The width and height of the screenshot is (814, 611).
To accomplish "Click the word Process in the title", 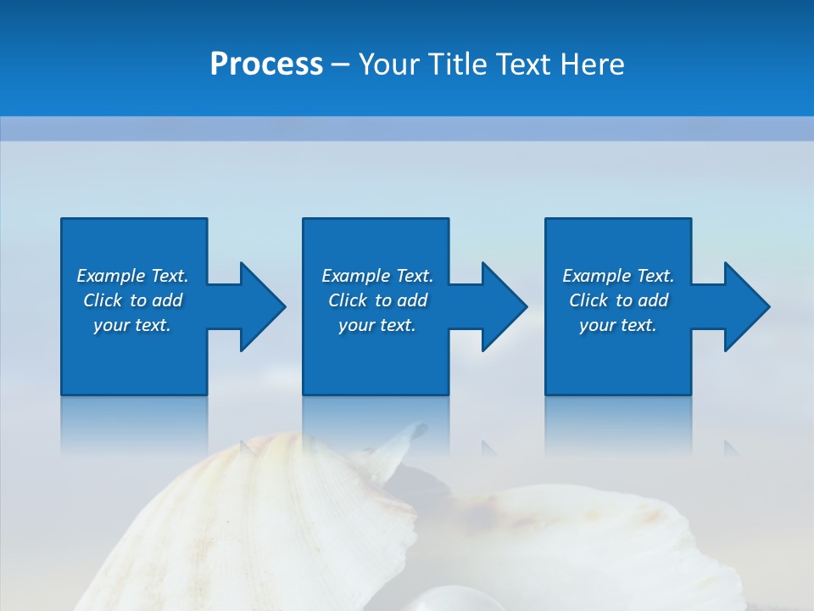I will (x=266, y=64).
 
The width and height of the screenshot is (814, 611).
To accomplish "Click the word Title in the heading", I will (x=456, y=64).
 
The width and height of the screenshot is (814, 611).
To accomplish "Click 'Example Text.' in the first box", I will (x=132, y=276).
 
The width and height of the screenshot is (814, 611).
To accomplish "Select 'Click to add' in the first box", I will (x=132, y=300).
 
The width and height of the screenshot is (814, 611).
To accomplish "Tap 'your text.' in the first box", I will (x=132, y=325).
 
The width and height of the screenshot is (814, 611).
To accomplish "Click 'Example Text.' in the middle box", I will (x=377, y=276).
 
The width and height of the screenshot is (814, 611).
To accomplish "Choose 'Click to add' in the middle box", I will (x=377, y=300).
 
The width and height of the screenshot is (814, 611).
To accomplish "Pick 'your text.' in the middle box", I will (x=377, y=325).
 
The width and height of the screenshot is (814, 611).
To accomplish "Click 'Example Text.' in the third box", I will (x=618, y=276).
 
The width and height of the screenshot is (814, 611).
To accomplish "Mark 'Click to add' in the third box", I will (x=618, y=300).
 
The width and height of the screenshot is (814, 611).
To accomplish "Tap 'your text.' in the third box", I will (x=618, y=325).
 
